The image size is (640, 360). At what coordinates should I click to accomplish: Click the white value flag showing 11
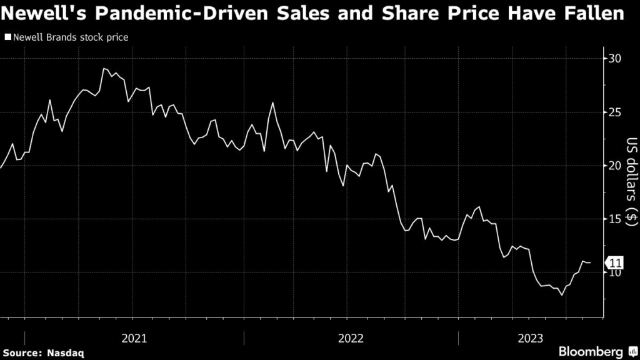click(x=614, y=263)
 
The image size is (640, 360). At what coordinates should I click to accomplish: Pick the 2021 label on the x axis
click(x=134, y=338)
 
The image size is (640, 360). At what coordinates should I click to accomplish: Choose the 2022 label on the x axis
click(x=351, y=338)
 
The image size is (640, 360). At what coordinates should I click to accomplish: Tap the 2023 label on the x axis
click(x=529, y=338)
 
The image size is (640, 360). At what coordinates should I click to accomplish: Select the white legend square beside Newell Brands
click(x=7, y=37)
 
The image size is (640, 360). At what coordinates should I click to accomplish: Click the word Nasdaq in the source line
click(x=67, y=353)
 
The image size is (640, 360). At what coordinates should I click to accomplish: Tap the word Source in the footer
click(x=24, y=353)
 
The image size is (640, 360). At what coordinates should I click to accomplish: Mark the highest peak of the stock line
click(x=104, y=69)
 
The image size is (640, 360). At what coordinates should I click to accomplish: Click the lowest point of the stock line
click(x=562, y=294)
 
